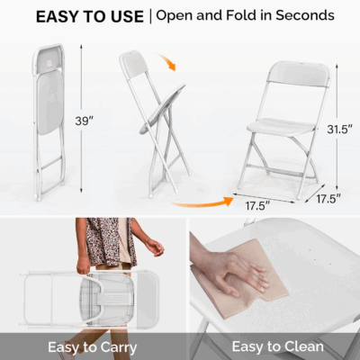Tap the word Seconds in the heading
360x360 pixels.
tap(301, 16)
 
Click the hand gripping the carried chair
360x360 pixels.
tap(84, 265)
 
